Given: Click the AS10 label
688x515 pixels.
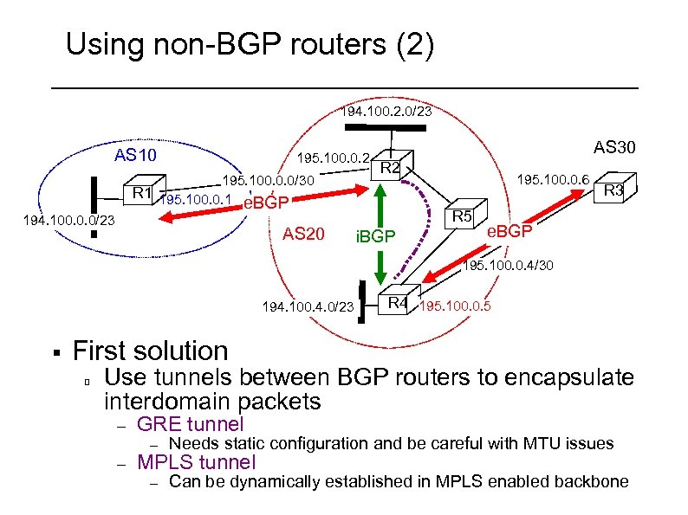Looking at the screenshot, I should (136, 156).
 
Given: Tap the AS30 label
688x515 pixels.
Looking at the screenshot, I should (614, 147).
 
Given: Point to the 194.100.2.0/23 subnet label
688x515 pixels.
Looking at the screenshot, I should (386, 112).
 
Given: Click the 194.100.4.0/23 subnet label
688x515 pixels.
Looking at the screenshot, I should (308, 307).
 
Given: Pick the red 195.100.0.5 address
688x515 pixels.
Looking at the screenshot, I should (455, 306).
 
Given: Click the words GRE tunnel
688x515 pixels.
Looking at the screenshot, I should (191, 424).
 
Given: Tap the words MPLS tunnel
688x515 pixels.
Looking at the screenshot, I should (197, 461).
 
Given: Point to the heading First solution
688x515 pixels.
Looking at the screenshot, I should (150, 351).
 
